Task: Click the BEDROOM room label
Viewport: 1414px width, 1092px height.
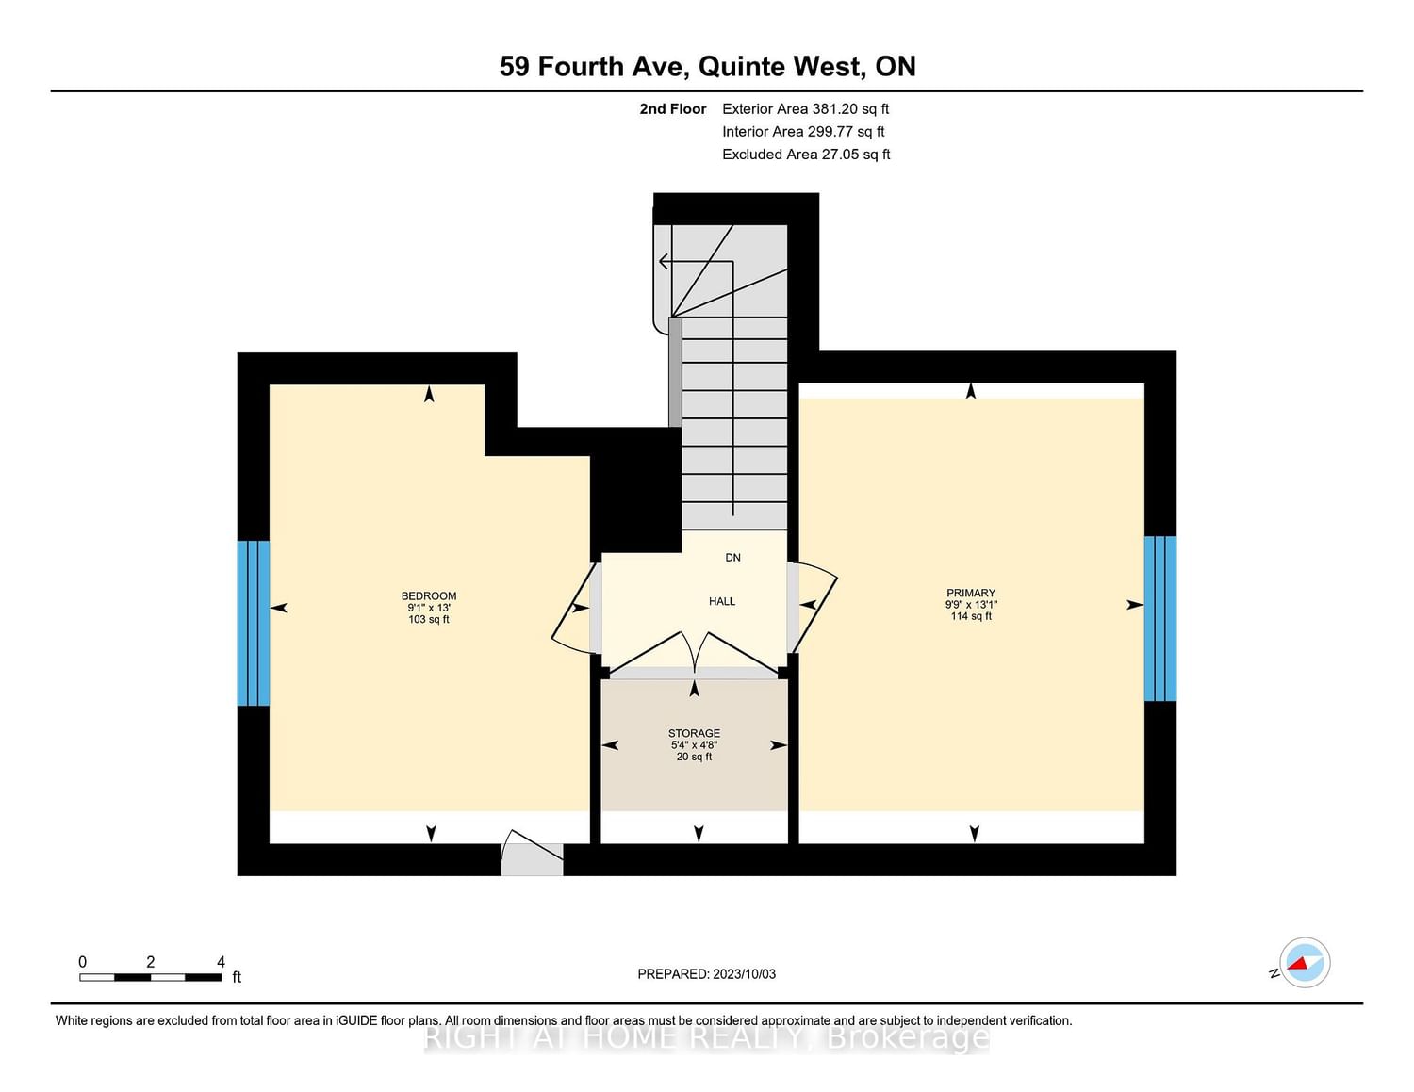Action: (x=429, y=595)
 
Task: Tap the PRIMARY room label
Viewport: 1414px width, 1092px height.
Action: (x=971, y=593)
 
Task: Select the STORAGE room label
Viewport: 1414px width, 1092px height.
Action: (x=695, y=733)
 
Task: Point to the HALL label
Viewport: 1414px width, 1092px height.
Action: (x=722, y=602)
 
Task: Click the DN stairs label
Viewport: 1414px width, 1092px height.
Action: (x=732, y=558)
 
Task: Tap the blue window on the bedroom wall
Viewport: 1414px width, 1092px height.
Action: (x=254, y=623)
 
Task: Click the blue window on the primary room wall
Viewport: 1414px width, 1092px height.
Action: (x=1160, y=618)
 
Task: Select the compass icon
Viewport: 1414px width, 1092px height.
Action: (x=1304, y=963)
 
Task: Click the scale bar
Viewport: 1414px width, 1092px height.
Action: (x=150, y=977)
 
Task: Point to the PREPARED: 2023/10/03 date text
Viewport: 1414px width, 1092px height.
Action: (x=707, y=974)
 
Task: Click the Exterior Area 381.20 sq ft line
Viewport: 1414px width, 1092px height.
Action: (x=806, y=109)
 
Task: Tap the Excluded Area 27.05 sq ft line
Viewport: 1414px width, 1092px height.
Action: (x=806, y=155)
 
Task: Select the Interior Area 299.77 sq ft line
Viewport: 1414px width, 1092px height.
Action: (x=804, y=131)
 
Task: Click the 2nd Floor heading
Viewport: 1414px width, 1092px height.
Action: (x=673, y=109)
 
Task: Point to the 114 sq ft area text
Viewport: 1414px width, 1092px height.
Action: (x=971, y=616)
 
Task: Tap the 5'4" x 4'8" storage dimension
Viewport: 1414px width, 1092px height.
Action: (x=695, y=744)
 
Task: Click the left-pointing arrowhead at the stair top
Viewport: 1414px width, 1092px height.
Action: (x=664, y=261)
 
